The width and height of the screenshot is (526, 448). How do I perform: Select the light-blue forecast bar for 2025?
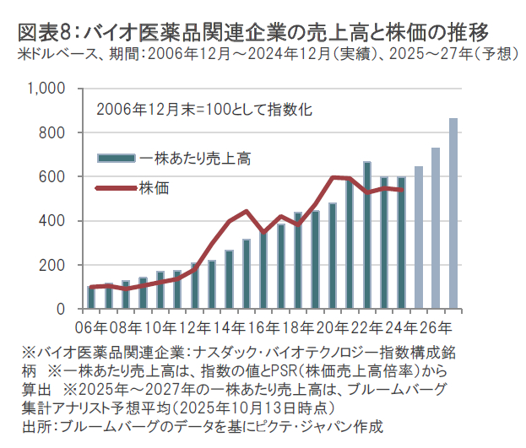pos(419,238)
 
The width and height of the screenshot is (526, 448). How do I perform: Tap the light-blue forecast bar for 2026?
pos(436,229)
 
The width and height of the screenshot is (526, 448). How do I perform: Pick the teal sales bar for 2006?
pos(91,298)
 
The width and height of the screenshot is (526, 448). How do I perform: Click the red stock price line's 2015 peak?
pos(247,211)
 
